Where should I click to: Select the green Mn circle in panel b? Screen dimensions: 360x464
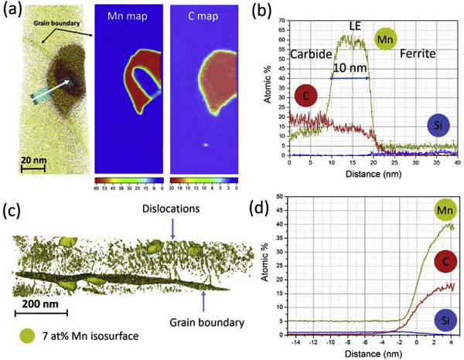(387, 39)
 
